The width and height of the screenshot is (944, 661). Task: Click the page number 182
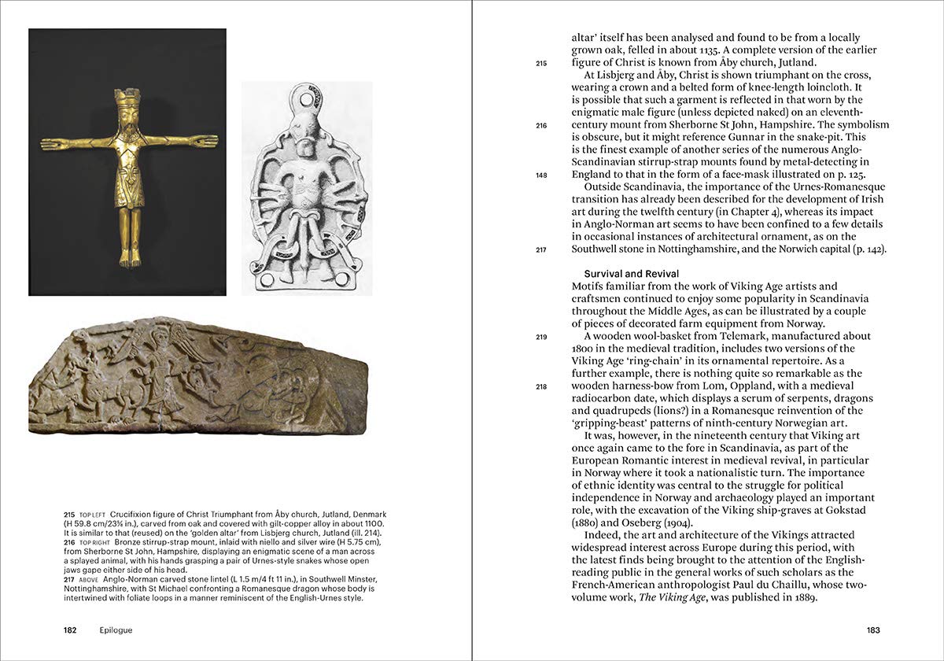74,630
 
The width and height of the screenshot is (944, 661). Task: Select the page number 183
872,630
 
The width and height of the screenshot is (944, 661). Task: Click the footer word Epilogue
116,630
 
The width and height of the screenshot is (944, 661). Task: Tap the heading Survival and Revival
632,274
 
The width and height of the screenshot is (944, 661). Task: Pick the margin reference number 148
541,175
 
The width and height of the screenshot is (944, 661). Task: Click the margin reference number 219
541,337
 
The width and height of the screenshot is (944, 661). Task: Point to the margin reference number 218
541,386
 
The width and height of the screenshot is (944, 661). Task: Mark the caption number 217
69,579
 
